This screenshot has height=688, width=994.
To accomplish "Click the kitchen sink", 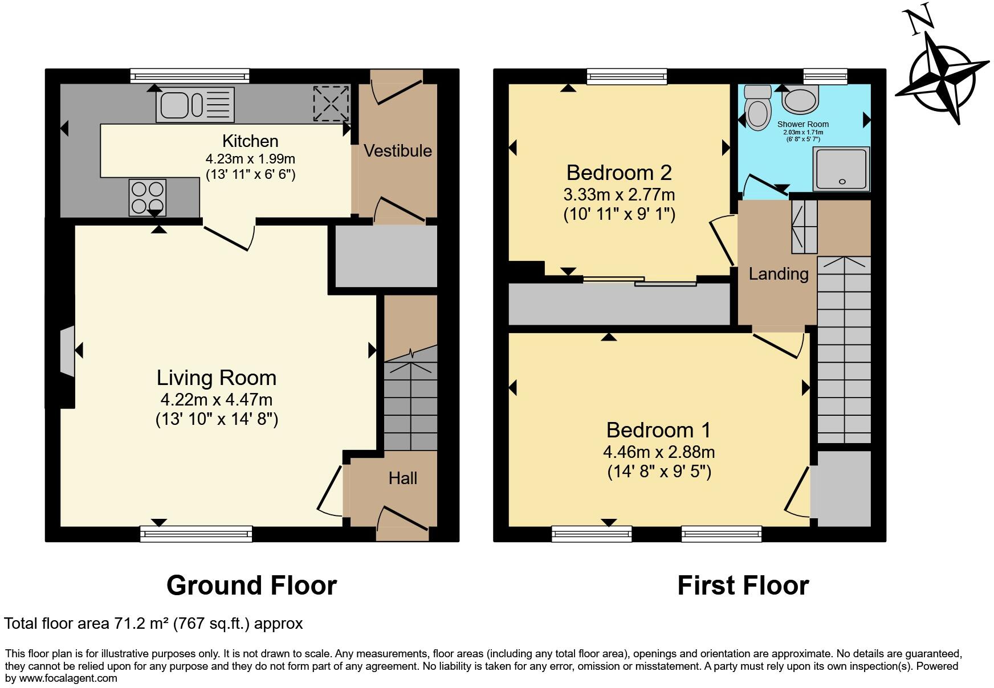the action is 195,104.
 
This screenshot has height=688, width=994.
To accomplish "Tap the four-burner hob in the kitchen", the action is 148,197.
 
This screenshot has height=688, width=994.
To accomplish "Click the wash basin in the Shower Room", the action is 801,100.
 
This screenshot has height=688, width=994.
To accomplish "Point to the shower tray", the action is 842,169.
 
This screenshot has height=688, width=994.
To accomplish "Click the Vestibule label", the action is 398,151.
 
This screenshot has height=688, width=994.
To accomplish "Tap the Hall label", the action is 403,478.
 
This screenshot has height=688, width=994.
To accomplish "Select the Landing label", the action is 779,274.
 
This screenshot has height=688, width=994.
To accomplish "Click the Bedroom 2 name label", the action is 619,172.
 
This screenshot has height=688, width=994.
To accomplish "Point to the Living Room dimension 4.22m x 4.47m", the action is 217,399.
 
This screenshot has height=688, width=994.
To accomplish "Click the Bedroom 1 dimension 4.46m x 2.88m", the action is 659,452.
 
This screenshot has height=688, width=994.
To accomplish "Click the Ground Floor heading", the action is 252,585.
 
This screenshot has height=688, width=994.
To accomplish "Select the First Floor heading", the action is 743,585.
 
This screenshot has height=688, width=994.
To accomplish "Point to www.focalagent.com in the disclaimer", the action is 68,678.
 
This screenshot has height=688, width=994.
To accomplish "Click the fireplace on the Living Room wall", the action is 67,351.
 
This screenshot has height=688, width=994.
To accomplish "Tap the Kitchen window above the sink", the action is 190,76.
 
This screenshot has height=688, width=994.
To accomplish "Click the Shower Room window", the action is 825,76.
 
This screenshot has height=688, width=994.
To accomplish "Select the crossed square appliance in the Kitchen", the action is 331,103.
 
